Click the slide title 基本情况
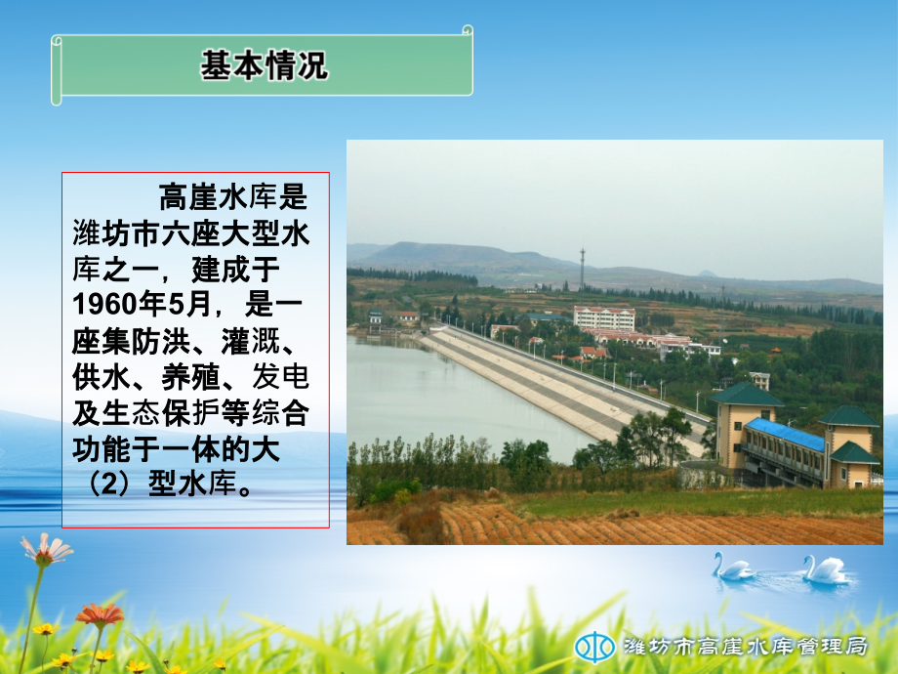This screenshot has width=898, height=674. [x=264, y=65]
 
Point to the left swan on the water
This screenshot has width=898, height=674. [x=731, y=567]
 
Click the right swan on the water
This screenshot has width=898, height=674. [x=826, y=569]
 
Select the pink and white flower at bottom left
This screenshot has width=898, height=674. [x=47, y=549]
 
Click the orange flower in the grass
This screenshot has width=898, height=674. [x=100, y=614]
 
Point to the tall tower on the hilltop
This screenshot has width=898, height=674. [x=582, y=266]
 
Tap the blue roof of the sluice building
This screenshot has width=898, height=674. [x=785, y=434]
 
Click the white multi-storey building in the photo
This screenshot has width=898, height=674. [x=603, y=318]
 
